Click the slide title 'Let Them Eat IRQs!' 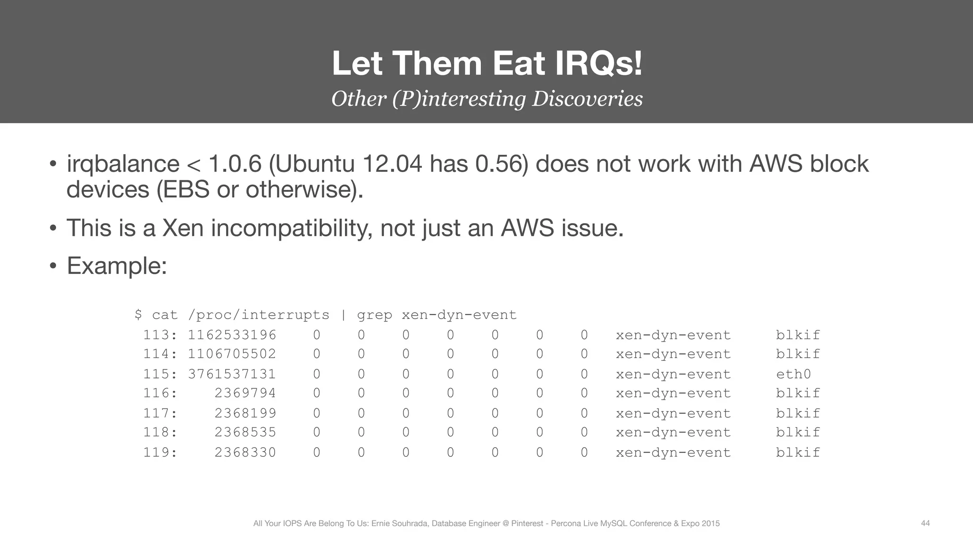click(x=486, y=64)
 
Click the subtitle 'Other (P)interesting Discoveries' click(x=486, y=99)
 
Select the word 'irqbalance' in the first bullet click(x=123, y=164)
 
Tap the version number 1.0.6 click(x=235, y=164)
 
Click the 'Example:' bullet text click(x=117, y=266)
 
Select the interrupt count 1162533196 click(x=232, y=335)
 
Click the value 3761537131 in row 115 click(x=232, y=374)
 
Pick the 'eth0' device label click(x=793, y=374)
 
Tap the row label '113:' click(x=160, y=335)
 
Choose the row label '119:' click(x=160, y=453)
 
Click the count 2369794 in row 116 click(x=245, y=393)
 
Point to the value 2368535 click(x=245, y=433)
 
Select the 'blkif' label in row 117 click(x=798, y=413)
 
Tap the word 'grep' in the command click(x=374, y=315)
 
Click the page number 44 click(x=925, y=523)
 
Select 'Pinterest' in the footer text click(x=527, y=524)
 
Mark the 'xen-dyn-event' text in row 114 click(x=673, y=354)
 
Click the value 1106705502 click(x=232, y=354)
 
